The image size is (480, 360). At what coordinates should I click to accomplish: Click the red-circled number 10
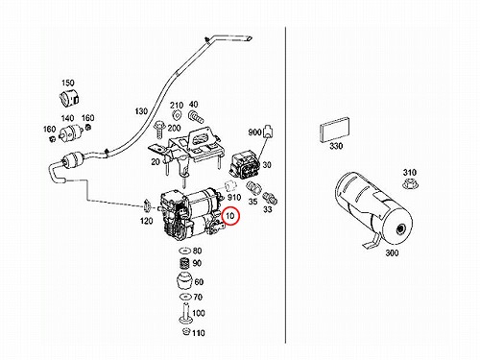230,216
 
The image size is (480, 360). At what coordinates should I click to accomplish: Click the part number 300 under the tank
392,252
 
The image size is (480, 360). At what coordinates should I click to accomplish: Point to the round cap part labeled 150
69,97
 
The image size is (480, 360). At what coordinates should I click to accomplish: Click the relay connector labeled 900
268,132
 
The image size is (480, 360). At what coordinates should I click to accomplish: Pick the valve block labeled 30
245,165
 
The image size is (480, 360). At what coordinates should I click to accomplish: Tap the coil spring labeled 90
185,264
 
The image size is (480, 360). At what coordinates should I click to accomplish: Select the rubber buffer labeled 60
184,281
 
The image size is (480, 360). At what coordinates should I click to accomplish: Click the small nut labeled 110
186,331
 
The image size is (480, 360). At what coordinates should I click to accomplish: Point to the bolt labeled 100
185,313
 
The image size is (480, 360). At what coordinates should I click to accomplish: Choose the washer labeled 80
185,251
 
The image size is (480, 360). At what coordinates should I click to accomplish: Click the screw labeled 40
196,116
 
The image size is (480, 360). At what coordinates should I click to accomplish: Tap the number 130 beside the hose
141,111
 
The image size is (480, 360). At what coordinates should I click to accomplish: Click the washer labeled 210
177,114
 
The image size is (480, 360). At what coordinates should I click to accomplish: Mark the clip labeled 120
148,205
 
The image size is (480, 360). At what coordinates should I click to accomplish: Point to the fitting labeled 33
270,199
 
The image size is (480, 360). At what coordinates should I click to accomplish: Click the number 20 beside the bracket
156,162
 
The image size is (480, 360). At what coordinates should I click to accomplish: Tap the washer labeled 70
185,298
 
